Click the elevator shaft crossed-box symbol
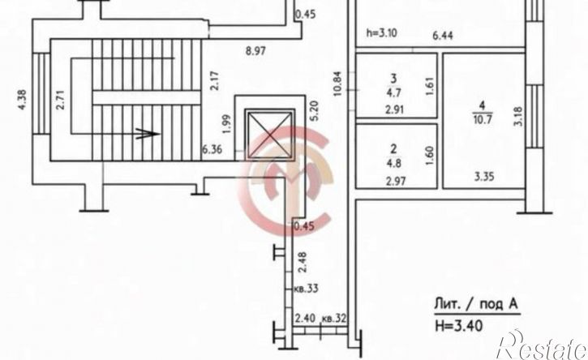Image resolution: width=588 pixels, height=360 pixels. [x=269, y=133]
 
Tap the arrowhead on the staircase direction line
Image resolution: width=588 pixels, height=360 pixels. [x=148, y=134]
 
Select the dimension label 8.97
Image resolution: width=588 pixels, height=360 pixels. [x=255, y=50]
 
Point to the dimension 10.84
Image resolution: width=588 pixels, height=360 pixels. [x=338, y=84]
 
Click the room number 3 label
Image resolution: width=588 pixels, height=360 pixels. [x=393, y=79]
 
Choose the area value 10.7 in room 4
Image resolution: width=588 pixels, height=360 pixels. [x=483, y=120]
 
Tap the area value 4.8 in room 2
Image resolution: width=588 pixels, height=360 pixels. [x=393, y=164]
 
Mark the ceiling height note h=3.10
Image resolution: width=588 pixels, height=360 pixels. [x=381, y=32]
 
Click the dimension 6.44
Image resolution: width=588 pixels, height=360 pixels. [x=443, y=36]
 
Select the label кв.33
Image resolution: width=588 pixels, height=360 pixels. [x=307, y=289]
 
